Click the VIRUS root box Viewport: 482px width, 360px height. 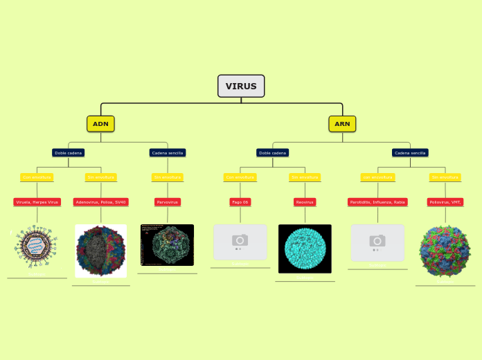[x=241, y=86]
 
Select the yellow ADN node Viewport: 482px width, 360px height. [x=100, y=124]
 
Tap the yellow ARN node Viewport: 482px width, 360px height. [x=342, y=124]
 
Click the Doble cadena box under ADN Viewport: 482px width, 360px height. [x=69, y=152]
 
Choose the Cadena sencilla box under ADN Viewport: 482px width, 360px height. [x=168, y=152]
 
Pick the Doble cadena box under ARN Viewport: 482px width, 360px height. [x=272, y=152]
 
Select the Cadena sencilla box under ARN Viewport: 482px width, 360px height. [x=410, y=152]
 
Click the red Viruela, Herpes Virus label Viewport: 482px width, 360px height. [x=37, y=202]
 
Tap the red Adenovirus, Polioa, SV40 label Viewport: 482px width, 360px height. [x=101, y=202]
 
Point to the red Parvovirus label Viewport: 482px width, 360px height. [x=168, y=202]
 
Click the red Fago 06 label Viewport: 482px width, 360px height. [x=240, y=202]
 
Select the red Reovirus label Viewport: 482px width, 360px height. [x=305, y=202]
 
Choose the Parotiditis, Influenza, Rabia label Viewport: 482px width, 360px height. [x=377, y=202]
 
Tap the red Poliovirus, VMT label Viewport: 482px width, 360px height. [x=445, y=202]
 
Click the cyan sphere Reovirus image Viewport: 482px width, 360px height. [x=305, y=249]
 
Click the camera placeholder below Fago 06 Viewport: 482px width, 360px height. [x=240, y=242]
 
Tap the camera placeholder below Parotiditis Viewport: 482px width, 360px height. [x=377, y=242]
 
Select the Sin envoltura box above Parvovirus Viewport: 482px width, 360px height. [x=168, y=177]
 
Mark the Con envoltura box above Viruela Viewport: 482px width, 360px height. [x=37, y=177]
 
